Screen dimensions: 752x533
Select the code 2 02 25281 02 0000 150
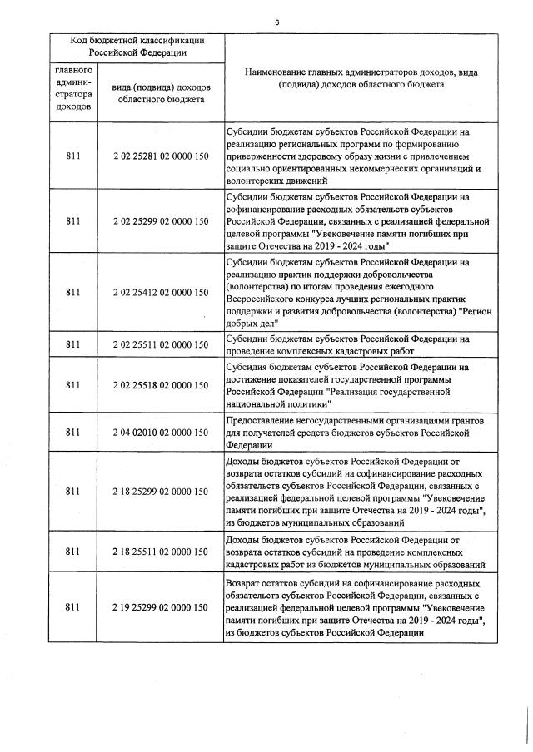coord(159,156)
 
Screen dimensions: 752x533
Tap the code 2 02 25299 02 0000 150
coord(159,221)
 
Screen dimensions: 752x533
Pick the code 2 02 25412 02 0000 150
coord(159,292)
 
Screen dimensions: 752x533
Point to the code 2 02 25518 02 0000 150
coord(159,384)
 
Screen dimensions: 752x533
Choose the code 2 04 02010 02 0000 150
coord(159,432)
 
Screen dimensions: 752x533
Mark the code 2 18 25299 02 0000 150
coord(159,492)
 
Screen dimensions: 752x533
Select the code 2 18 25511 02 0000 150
coord(159,551)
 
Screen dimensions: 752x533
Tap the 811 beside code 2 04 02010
coord(73,432)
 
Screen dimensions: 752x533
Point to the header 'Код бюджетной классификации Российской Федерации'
coord(137,47)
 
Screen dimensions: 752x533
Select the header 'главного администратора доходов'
coord(73,89)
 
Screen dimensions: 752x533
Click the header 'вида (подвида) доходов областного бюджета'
coord(159,93)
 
